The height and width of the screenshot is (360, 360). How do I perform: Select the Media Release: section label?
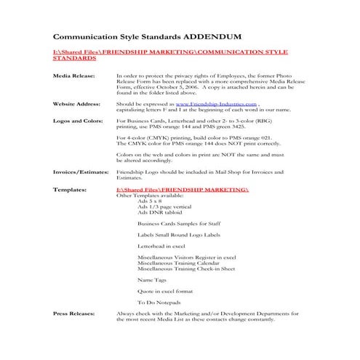[x=74, y=76]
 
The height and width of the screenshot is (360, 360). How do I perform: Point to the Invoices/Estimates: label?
[x=81, y=172]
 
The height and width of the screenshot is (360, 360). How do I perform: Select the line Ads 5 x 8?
[x=151, y=201]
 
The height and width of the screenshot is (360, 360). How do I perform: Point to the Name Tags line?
[x=151, y=279]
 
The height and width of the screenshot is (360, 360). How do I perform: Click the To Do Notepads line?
[x=159, y=302]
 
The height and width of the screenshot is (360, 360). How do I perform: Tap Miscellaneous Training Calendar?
[x=177, y=263]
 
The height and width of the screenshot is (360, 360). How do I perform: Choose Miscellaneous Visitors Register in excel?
[x=186, y=257]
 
